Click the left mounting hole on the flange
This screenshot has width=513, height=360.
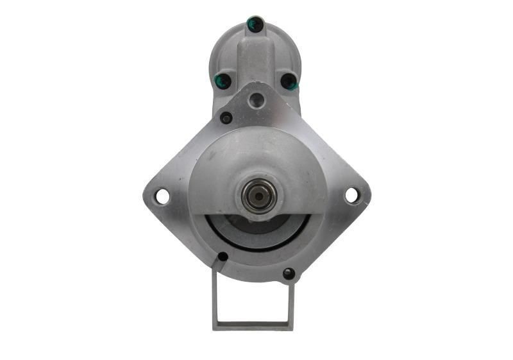pos(162,196)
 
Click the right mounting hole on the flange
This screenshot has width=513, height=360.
pos(352,195)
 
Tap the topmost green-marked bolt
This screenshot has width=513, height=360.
pos(255,25)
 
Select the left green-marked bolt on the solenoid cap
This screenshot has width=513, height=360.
pos(223,81)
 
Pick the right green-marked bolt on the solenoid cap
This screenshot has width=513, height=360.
pos(289,81)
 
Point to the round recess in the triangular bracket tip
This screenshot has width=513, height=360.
pos(257,99)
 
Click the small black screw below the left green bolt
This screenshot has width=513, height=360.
pos(226,118)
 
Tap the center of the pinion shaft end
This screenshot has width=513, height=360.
pos(260,195)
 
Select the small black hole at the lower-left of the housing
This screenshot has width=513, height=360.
pos(223,257)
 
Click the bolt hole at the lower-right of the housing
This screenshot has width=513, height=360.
pos(289,273)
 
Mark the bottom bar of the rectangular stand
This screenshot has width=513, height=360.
pos(253,325)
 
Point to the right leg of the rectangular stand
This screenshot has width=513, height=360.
pos(291,302)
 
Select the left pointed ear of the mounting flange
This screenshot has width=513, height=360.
pos(151,196)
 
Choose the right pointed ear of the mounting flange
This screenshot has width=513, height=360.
pos(363,195)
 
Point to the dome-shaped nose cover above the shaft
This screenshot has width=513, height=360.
pos(256,154)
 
